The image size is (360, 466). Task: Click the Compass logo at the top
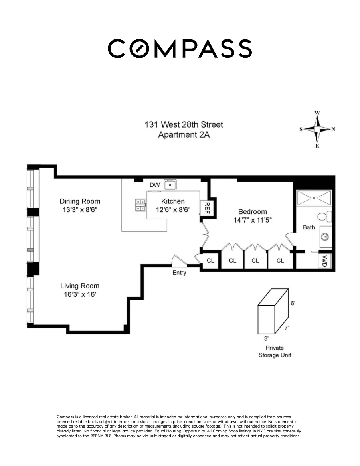[x=180, y=49]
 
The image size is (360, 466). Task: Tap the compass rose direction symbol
[x=317, y=129]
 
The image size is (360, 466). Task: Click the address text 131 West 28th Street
[x=184, y=124]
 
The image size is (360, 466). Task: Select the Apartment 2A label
[x=184, y=135]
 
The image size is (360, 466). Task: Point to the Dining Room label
[x=80, y=201]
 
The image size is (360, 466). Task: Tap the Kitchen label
[x=173, y=201]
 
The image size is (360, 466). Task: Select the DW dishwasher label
[x=154, y=185]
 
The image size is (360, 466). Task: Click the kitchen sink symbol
[x=172, y=185]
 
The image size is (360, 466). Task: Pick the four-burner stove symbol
[x=140, y=205]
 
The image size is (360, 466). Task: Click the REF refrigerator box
[x=207, y=208]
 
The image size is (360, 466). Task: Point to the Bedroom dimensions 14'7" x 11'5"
[x=252, y=220]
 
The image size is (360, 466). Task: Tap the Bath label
[x=309, y=227]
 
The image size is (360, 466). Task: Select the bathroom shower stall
[x=314, y=198]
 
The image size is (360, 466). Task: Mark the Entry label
[x=179, y=273]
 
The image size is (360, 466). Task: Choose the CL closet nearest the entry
[x=210, y=261]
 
